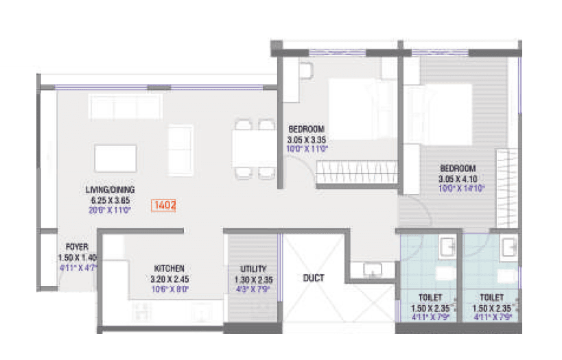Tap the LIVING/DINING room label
(x=110, y=189)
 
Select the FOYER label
(x=76, y=246)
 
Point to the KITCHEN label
(x=168, y=268)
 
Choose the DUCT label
(x=314, y=278)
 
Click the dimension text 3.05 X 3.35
(x=306, y=139)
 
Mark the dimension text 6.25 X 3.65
(x=110, y=200)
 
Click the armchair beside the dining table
(x=180, y=150)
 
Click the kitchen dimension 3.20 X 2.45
(x=168, y=278)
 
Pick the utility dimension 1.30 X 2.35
(x=253, y=279)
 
